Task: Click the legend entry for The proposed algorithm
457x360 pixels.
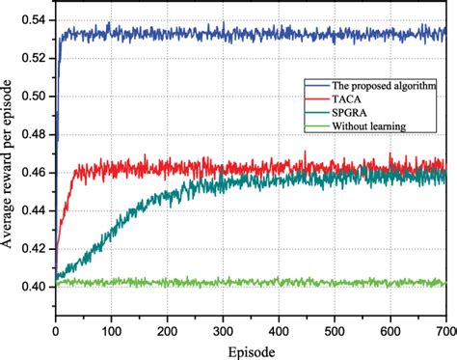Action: [381, 84]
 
